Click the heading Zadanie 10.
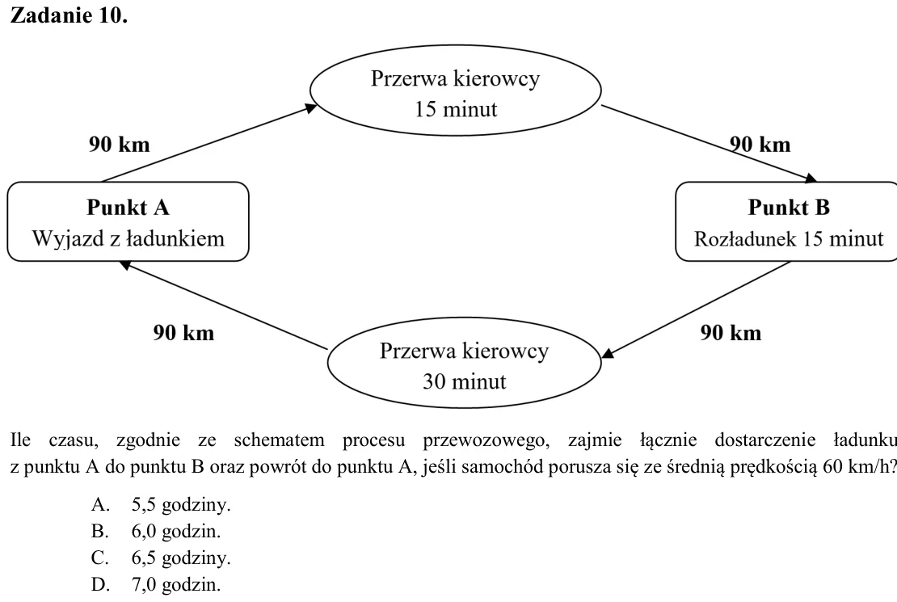point(69,15)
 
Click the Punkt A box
point(128,221)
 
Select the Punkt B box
point(786,221)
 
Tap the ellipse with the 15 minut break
point(455,91)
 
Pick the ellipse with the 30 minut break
point(464,363)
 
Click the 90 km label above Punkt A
point(119,144)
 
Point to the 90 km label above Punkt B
point(760,144)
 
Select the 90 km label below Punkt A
point(183,332)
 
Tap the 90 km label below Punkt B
point(731,332)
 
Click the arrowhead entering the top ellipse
point(311,107)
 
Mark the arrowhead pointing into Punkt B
point(811,179)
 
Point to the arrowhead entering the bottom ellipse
point(609,353)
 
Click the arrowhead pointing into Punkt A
point(125,264)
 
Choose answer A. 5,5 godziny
point(161,505)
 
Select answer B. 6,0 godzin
point(156,532)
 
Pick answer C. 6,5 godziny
point(161,558)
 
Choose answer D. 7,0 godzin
point(156,585)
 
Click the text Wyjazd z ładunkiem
point(128,238)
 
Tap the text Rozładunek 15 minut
point(789,238)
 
